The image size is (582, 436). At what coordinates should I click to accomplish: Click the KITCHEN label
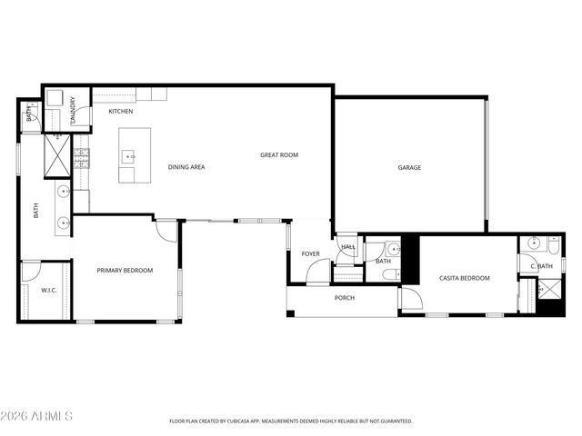[121, 112]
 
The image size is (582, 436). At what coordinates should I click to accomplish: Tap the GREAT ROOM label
[279, 155]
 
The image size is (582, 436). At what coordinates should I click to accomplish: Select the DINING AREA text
[186, 167]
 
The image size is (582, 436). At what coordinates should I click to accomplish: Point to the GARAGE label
[409, 167]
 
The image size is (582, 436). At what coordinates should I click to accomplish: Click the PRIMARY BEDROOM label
[125, 271]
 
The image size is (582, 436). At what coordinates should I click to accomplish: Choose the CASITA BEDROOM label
[465, 278]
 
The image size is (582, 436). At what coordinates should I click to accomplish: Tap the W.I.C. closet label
[49, 291]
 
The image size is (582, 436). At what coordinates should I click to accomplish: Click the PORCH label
[345, 298]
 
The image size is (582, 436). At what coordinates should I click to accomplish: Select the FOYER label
[310, 253]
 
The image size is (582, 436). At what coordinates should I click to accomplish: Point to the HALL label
[348, 247]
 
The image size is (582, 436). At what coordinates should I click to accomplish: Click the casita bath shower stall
[550, 288]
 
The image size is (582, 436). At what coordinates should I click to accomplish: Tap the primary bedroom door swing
[166, 230]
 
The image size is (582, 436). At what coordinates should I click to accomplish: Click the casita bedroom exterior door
[410, 301]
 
